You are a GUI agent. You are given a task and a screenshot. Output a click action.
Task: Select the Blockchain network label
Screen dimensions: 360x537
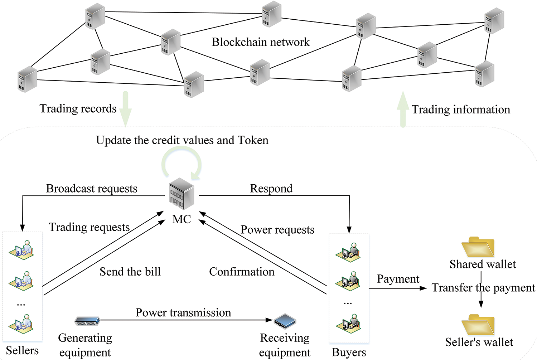coord(260,42)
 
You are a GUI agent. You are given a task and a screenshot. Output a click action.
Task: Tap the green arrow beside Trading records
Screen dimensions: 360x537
coord(125,108)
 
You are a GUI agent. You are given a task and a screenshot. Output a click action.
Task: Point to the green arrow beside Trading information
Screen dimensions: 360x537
coord(403,109)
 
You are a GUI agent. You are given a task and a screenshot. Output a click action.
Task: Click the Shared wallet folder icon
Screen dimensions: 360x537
coord(478,247)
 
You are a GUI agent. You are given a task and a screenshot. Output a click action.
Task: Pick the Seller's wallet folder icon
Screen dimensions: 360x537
coord(478,325)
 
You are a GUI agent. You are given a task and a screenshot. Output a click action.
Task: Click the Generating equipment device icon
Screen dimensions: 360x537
coord(87,321)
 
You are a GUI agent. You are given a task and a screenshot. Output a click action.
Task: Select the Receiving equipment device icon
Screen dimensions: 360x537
coord(285,321)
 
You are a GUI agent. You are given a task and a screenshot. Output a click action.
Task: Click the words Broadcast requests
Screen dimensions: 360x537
coord(92,189)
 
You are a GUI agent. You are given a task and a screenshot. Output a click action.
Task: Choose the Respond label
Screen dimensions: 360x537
coord(271,189)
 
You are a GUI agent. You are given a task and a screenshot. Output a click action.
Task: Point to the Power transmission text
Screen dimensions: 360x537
coord(183,313)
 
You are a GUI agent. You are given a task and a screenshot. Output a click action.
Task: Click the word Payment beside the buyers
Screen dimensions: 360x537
coord(398,279)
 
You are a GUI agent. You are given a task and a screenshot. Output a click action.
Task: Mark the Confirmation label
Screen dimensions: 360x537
coord(242,272)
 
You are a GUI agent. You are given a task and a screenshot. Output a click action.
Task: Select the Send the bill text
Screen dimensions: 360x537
coord(130,272)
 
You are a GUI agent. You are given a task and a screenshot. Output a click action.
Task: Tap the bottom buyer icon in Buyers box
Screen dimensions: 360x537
coord(348,323)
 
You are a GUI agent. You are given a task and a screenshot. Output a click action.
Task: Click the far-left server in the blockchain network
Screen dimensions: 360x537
coord(27,79)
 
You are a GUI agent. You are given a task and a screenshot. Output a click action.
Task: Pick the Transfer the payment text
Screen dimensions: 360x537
coord(483,288)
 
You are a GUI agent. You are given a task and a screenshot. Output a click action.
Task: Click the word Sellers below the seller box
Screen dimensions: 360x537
coord(22,350)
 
